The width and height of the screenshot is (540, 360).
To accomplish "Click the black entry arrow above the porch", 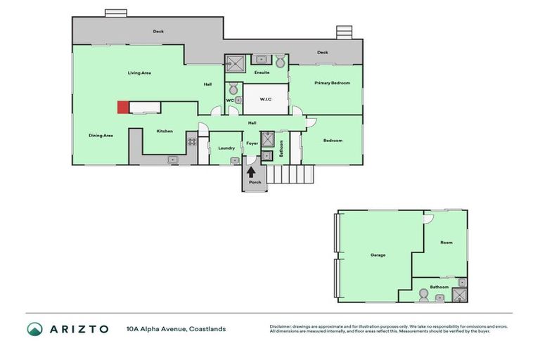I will tap(251, 171).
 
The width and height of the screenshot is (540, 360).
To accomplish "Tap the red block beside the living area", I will tap(122, 107).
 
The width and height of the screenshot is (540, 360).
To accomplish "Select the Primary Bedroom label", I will tap(332, 83).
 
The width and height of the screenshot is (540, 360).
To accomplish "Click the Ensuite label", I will tap(262, 72).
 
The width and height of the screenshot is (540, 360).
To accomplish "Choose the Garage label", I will tap(378, 255).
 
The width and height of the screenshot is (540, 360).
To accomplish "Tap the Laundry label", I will tap(226, 148).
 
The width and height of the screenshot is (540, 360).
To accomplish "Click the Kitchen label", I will tap(165, 131).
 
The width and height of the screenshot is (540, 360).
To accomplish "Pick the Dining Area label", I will tap(101, 135).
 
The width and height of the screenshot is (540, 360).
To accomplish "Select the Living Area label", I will tap(139, 72).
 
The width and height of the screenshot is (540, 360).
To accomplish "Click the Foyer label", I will tap(252, 143).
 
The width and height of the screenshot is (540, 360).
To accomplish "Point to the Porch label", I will tap(255, 182).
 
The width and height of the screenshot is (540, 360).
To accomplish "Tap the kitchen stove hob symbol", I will tap(191, 141).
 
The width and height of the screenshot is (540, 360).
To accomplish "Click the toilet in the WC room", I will tap(233, 89).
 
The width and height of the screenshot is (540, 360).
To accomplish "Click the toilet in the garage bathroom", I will tap(424, 297).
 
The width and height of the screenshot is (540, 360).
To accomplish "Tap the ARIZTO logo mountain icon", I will tap(34, 328).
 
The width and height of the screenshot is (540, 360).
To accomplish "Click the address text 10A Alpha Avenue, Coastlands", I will tap(176, 328).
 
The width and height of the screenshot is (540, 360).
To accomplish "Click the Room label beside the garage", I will tap(446, 243).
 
